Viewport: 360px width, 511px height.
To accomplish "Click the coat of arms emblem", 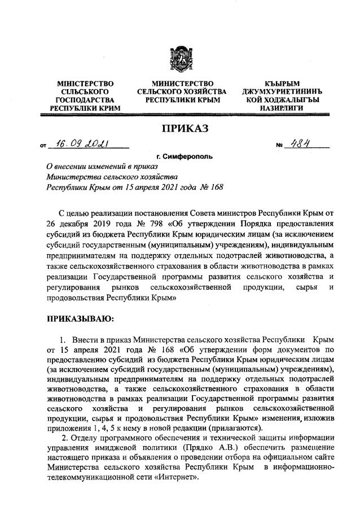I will coord(181,60).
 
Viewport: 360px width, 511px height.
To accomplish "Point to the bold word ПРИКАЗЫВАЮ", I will coord(80,320).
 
